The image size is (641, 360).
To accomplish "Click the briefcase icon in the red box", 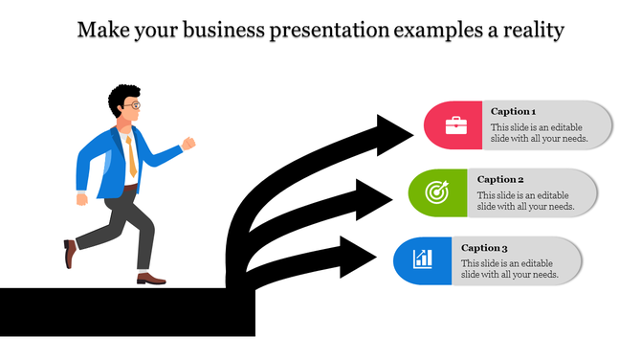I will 456,124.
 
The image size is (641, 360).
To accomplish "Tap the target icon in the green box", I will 435,191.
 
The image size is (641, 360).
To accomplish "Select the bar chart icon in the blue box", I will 422,259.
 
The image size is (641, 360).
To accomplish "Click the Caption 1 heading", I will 513,111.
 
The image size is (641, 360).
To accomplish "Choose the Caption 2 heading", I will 500,179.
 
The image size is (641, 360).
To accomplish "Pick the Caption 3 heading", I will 484,247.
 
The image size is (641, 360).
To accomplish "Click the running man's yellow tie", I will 131,156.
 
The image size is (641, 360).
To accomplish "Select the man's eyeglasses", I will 135,104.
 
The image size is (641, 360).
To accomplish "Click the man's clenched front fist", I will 188,144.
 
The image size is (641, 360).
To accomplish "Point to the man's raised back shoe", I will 70,254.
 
